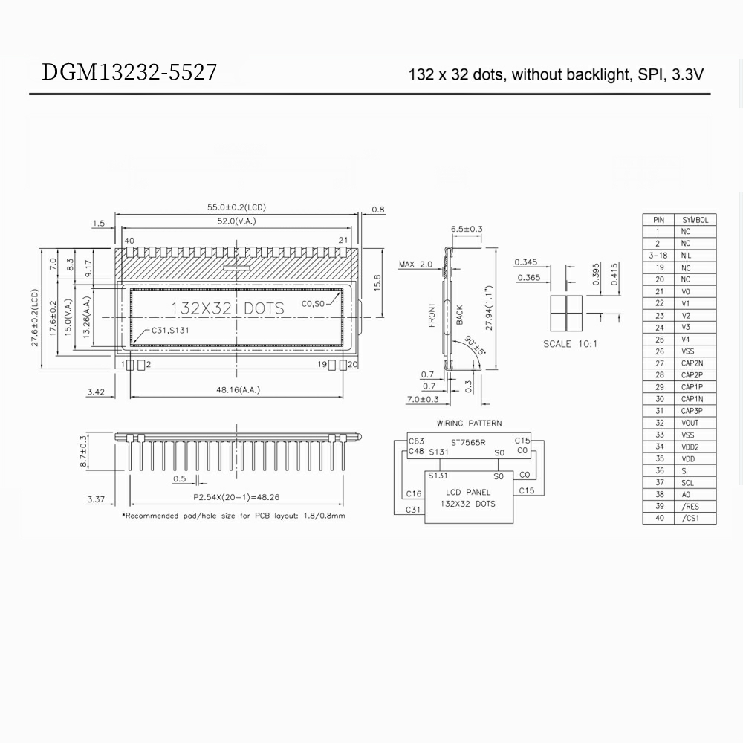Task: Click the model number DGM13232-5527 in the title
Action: click(130, 73)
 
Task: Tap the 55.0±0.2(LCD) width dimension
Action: click(236, 207)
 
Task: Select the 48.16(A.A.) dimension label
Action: click(238, 389)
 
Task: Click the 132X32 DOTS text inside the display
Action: click(227, 308)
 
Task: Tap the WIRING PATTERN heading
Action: click(469, 424)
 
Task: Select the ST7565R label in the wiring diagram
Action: click(468, 442)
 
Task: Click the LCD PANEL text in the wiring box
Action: click(468, 493)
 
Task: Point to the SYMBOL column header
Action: click(695, 220)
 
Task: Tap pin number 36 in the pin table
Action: click(658, 470)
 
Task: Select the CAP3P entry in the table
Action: click(692, 411)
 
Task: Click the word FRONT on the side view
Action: click(432, 315)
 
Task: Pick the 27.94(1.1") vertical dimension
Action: click(489, 308)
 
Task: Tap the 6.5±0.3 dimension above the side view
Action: click(467, 229)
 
